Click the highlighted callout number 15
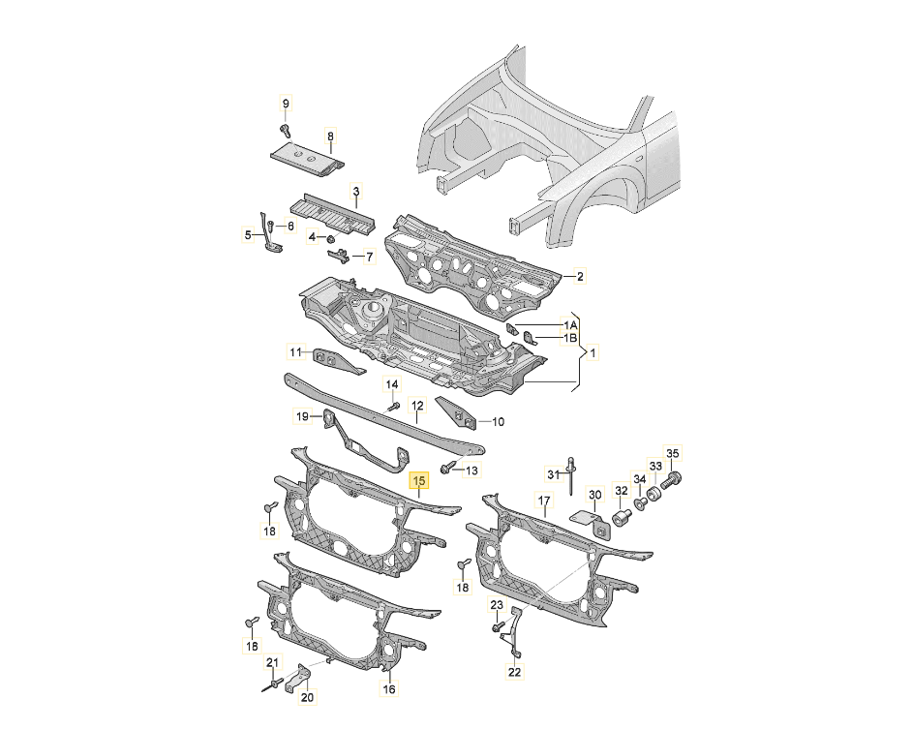[419, 480]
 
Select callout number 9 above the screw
[285, 104]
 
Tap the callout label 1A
[569, 324]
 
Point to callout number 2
[579, 276]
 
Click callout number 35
[672, 453]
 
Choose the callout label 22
[515, 672]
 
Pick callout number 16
[389, 689]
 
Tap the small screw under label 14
[394, 406]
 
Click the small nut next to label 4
[331, 238]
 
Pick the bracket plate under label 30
[590, 525]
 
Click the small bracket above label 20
[299, 678]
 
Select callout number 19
[302, 416]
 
